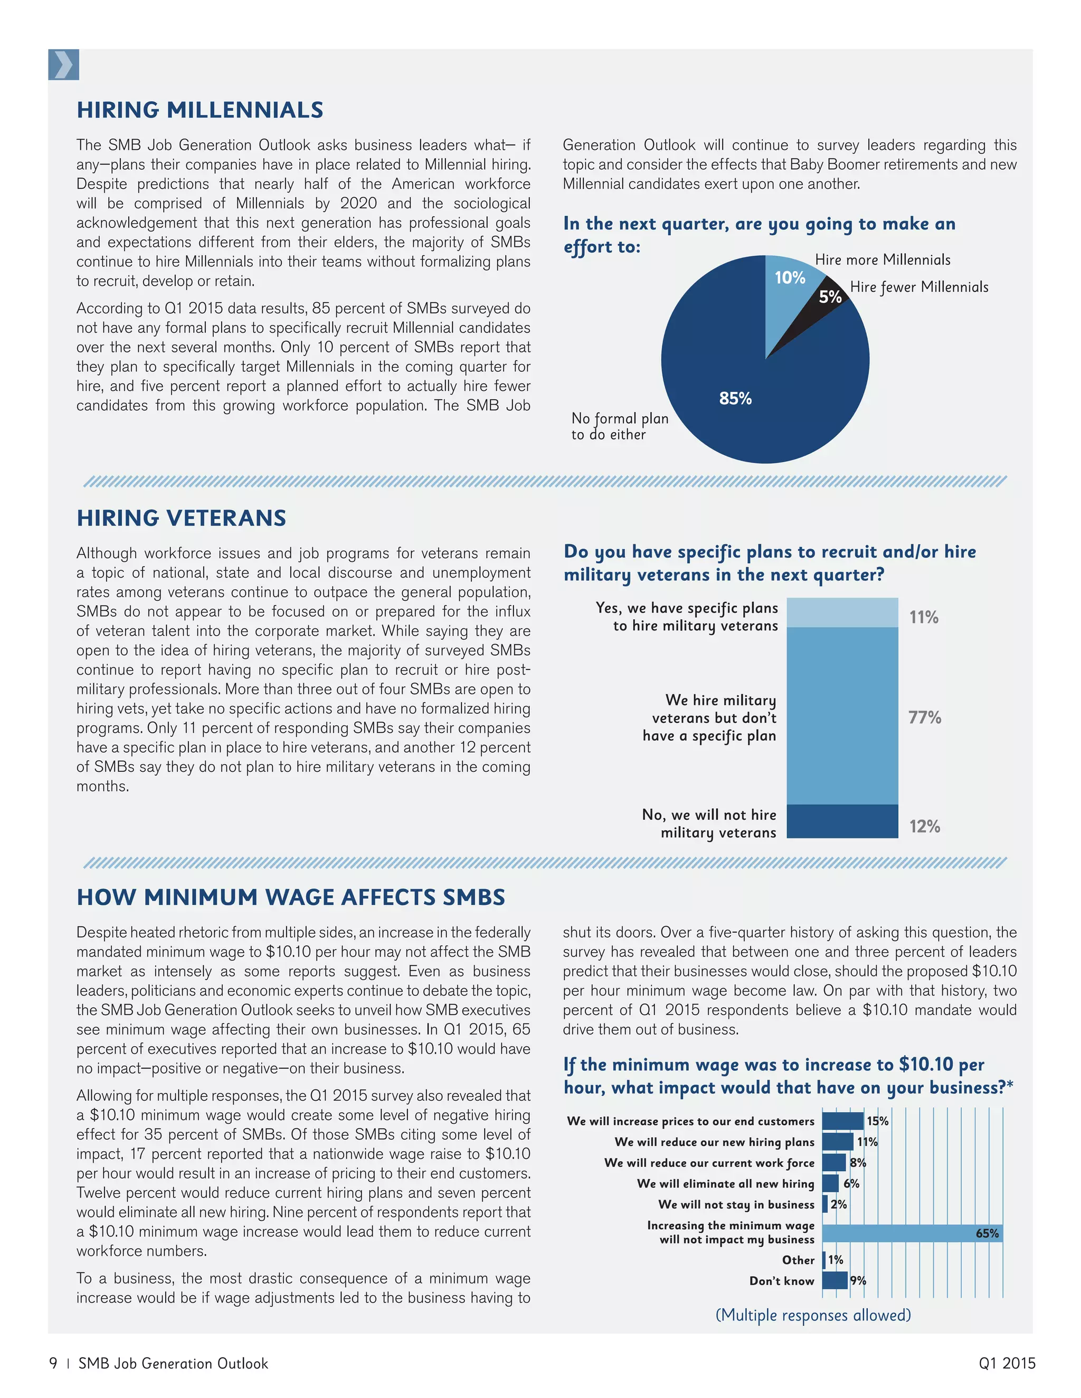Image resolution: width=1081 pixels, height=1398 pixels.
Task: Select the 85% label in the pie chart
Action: (735, 398)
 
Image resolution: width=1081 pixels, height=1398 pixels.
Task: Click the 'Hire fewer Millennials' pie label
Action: (919, 287)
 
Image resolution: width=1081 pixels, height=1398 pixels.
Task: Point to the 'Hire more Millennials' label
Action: (883, 259)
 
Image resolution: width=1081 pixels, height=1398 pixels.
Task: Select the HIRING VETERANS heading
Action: (181, 518)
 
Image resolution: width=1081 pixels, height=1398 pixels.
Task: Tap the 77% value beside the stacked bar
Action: (925, 717)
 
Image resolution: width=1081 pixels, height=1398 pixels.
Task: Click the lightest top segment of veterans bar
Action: (842, 612)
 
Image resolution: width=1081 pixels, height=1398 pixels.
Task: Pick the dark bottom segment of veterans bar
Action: (842, 821)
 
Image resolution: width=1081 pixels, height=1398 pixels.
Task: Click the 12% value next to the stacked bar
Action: (925, 826)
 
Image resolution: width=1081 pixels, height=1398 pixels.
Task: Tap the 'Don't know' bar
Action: (835, 1280)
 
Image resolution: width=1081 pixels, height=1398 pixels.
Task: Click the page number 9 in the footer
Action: (53, 1363)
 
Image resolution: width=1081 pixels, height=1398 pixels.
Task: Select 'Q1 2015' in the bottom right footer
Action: (1007, 1363)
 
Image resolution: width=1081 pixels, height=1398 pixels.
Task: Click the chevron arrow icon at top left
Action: (63, 65)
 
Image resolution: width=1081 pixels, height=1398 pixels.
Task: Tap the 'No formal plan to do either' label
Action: (619, 426)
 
